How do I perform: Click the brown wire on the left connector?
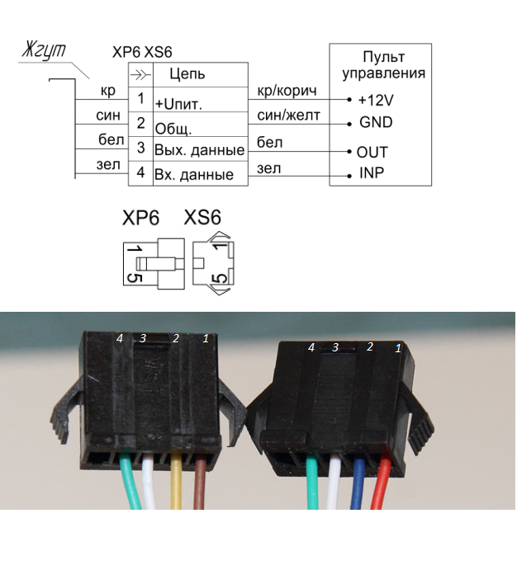point(199,483)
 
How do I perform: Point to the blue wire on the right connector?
point(358,483)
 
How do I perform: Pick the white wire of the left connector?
point(149,483)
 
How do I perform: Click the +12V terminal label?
point(376,100)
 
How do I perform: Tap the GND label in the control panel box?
point(376,122)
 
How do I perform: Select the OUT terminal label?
point(372,152)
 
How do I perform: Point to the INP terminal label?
point(372,173)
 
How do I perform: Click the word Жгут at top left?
point(44,50)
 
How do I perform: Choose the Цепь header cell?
point(201,74)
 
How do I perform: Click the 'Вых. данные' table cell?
point(201,149)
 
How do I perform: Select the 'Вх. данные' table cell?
point(201,173)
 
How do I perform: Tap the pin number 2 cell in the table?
point(140,124)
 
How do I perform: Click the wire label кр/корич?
point(287,91)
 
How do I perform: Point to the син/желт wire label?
point(288,115)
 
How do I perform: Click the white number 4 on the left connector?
point(120,338)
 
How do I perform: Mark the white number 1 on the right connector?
point(398,348)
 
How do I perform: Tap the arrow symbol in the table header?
point(140,75)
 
